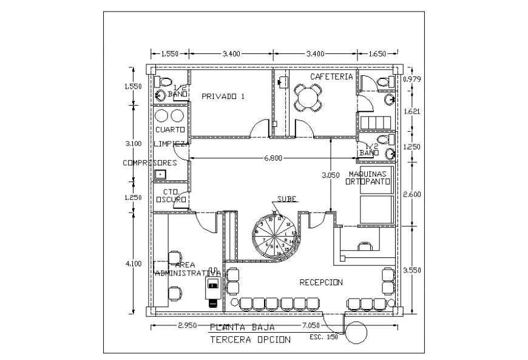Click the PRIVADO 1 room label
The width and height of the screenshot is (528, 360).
pos(223,97)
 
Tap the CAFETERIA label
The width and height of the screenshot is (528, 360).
pos(331,77)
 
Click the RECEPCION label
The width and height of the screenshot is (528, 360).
pos(320,282)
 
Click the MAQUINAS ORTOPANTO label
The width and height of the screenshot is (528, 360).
pos(368,177)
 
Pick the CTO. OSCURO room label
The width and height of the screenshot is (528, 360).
pos(170,195)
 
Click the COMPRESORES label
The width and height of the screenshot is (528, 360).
pos(149,163)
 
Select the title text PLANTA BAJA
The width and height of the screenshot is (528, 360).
pos(238,328)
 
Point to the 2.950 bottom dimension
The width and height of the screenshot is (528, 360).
pos(189,327)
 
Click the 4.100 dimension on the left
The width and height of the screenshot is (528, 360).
pos(132,263)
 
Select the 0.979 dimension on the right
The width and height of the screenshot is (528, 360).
pos(411,80)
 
